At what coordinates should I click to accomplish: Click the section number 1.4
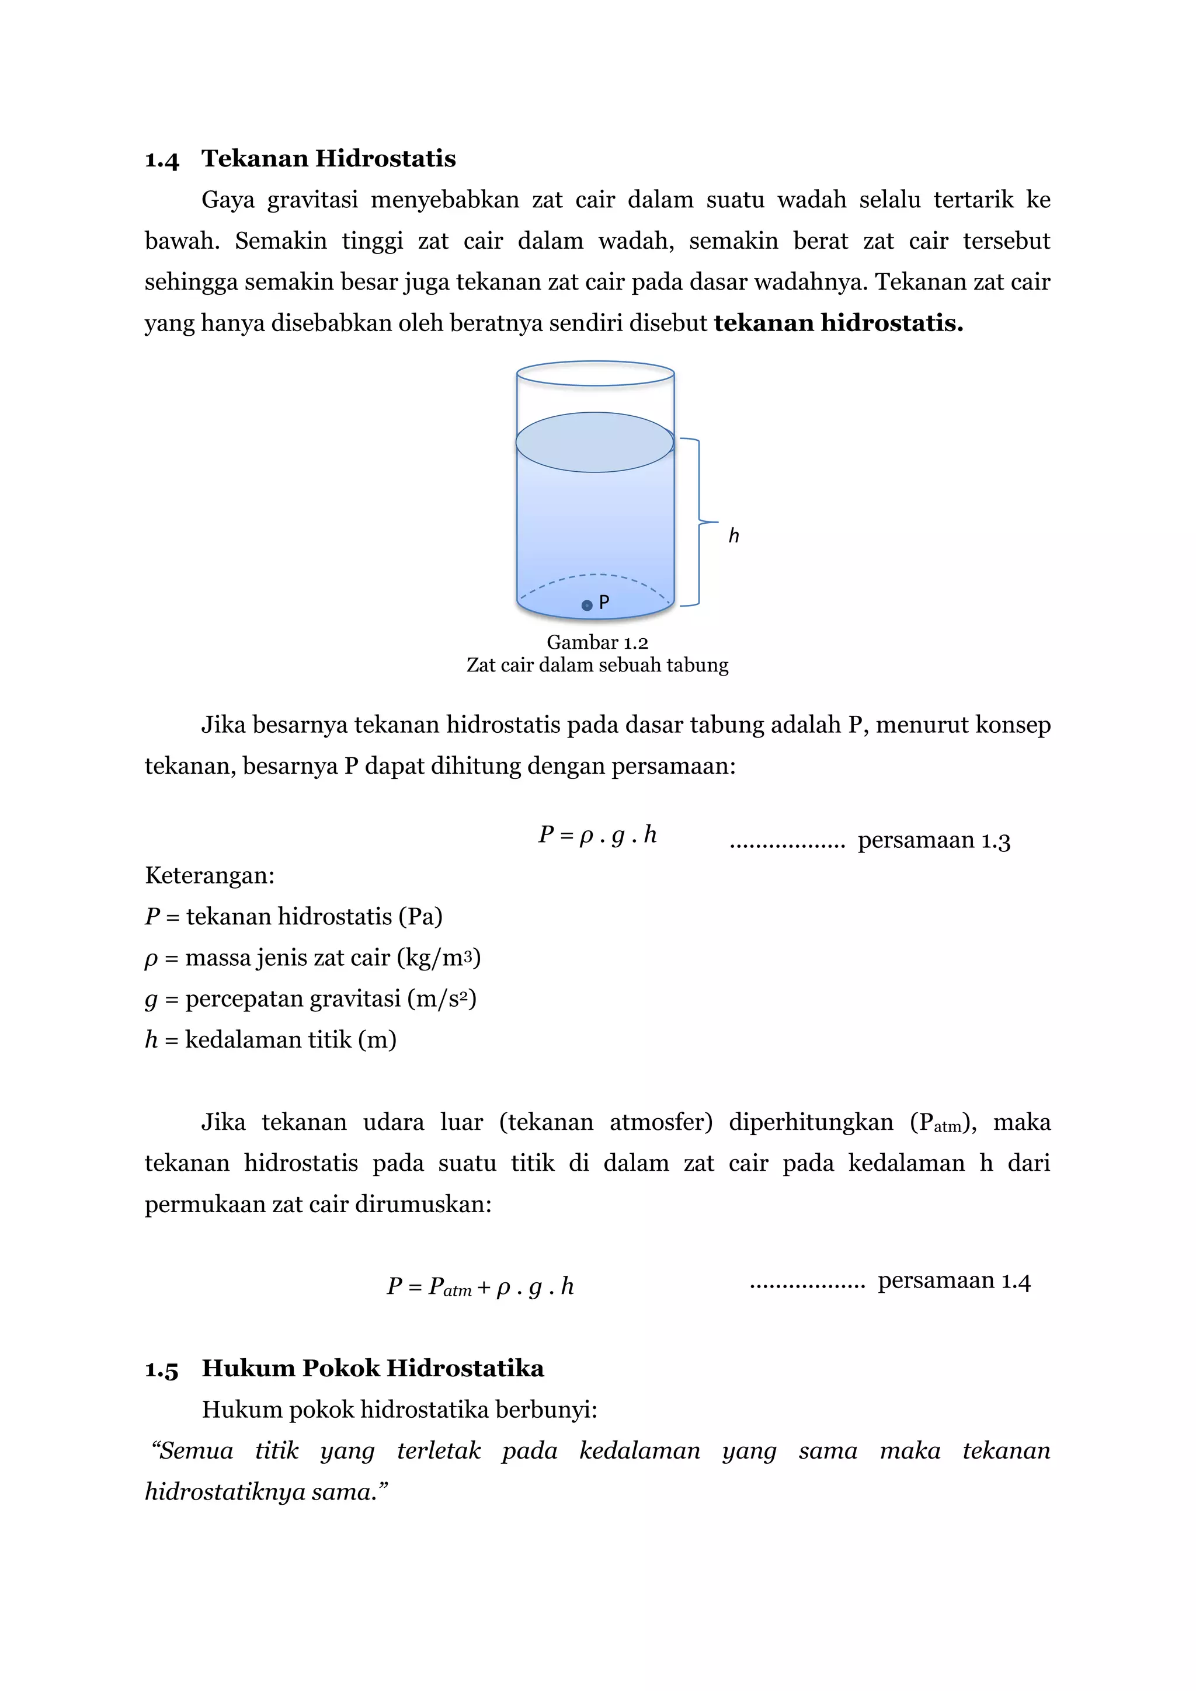162,160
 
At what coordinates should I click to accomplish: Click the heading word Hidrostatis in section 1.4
386,158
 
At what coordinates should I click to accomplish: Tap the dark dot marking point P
587,606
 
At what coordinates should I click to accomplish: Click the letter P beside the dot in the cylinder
604,603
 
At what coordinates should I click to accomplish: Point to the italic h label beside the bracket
733,535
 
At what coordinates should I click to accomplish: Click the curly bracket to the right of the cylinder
697,521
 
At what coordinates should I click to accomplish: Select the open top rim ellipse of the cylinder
595,373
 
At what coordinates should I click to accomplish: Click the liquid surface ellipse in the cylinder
594,442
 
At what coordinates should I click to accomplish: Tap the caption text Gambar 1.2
597,642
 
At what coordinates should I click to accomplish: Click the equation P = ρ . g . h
597,835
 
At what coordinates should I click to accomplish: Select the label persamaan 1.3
933,840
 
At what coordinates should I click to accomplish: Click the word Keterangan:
210,876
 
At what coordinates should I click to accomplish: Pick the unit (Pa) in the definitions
420,917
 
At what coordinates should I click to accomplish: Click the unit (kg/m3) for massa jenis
439,958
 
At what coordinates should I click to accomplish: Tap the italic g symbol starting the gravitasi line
151,1000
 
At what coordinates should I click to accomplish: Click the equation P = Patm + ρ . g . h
480,1286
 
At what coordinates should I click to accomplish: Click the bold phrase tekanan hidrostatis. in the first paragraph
839,323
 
